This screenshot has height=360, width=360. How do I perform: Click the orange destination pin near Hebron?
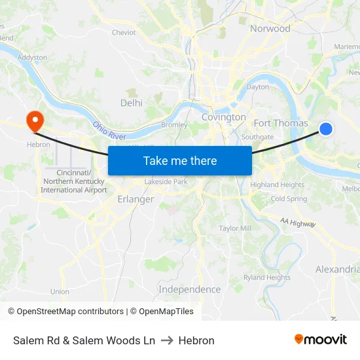pyautogui.click(x=33, y=119)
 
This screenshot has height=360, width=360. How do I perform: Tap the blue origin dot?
pyautogui.click(x=325, y=129)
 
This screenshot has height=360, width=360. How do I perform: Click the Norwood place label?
pyautogui.click(x=270, y=28)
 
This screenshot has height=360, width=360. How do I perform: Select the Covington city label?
pyautogui.click(x=223, y=117)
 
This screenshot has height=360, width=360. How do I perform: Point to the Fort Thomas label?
pyautogui.click(x=280, y=123)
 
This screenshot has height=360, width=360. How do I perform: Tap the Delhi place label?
pyautogui.click(x=131, y=103)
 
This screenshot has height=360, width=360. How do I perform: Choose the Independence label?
pyautogui.click(x=189, y=289)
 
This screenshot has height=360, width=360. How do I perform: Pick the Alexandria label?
pyautogui.click(x=337, y=270)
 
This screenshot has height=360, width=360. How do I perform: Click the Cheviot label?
pyautogui.click(x=124, y=32)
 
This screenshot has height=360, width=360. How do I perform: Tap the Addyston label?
pyautogui.click(x=33, y=58)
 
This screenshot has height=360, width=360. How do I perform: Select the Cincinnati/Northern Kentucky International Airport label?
pyautogui.click(x=73, y=181)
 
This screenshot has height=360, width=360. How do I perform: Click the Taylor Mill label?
pyautogui.click(x=235, y=228)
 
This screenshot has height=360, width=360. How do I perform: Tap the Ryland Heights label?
pyautogui.click(x=266, y=278)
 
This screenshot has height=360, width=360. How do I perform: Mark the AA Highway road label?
pyautogui.click(x=298, y=223)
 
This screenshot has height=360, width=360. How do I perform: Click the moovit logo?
pyautogui.click(x=320, y=340)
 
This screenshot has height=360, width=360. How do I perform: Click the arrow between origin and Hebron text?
pyautogui.click(x=166, y=340)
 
